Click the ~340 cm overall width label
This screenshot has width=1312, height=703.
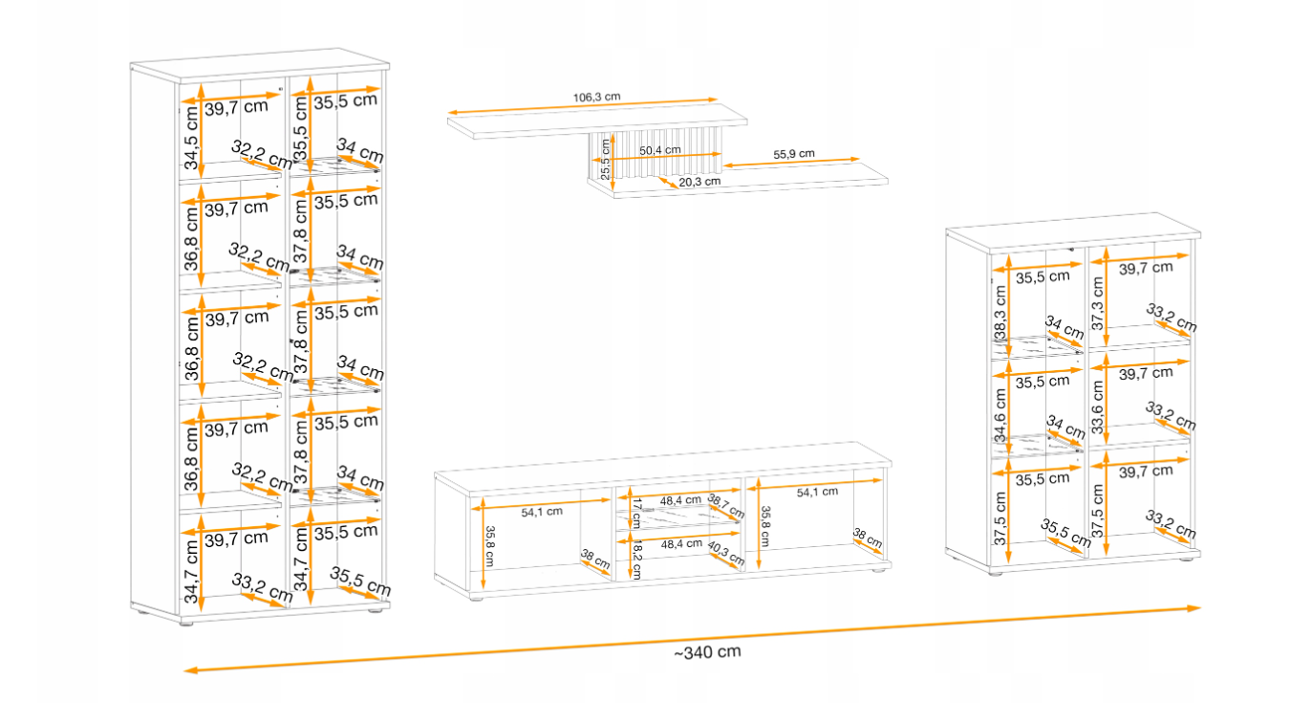point(707,652)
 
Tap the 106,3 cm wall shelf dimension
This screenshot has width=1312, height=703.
point(596,97)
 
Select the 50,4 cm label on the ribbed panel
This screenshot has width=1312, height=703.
point(660,150)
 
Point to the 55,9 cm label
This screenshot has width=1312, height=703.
point(794,154)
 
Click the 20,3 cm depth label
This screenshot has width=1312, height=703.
point(699,182)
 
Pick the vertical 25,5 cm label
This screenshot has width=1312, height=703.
point(605,159)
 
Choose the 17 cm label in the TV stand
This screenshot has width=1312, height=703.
point(636,513)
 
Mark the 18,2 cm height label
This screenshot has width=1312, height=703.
point(637,560)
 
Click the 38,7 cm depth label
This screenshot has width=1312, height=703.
point(726,505)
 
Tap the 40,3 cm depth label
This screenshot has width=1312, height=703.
point(726,553)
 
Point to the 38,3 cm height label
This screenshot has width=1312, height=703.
point(1000,312)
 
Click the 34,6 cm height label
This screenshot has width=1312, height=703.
point(1000,415)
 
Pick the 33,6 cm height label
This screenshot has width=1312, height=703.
point(1097,406)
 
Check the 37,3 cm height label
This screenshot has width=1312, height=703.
point(1097,303)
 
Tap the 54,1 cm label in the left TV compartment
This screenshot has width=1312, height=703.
point(542,512)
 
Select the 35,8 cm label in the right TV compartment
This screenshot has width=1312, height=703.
point(765,526)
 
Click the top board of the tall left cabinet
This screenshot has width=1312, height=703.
point(260,63)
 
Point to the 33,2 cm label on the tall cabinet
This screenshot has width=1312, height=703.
point(262,587)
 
